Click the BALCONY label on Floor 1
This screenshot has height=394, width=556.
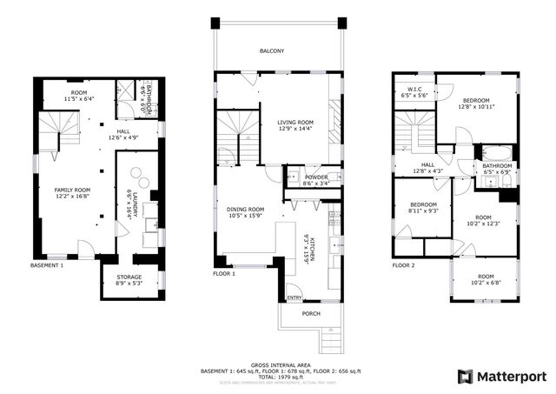(x=271, y=51)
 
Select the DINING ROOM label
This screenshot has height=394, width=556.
(x=245, y=212)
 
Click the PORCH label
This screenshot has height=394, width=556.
(x=311, y=314)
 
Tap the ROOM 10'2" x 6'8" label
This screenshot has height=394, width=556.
(x=485, y=279)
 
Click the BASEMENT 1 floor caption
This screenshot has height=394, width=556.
(x=47, y=265)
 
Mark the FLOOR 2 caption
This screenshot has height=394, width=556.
(x=404, y=265)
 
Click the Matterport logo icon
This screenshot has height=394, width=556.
(x=466, y=376)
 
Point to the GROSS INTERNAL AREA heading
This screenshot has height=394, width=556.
(x=280, y=365)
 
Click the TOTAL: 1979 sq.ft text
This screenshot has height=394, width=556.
(x=280, y=377)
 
